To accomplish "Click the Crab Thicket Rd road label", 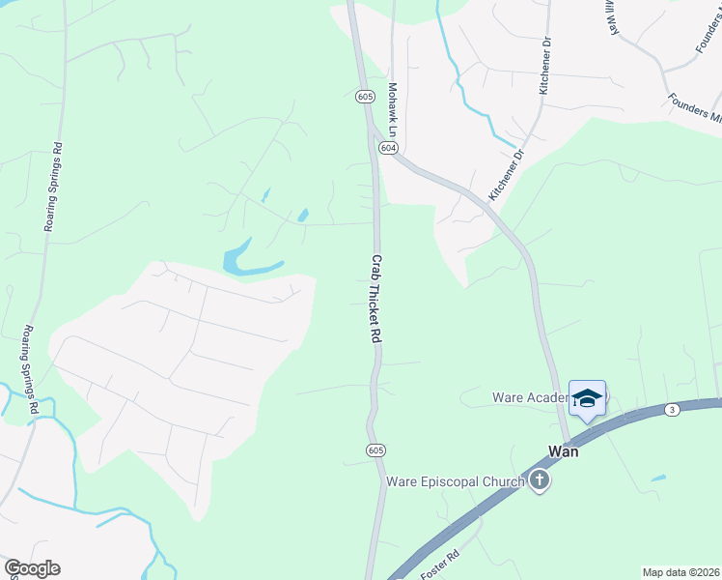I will tap(377, 301).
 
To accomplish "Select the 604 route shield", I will tap(388, 148).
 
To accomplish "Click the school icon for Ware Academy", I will tap(587, 399).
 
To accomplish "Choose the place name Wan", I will tap(563, 450).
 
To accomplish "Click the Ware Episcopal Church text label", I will tap(456, 480).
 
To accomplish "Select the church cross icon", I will tap(539, 480).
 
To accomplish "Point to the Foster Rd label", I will tap(438, 564).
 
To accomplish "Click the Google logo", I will tap(32, 568).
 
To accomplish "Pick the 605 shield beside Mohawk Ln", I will tap(364, 97).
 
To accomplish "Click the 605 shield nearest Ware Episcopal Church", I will tap(376, 450).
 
